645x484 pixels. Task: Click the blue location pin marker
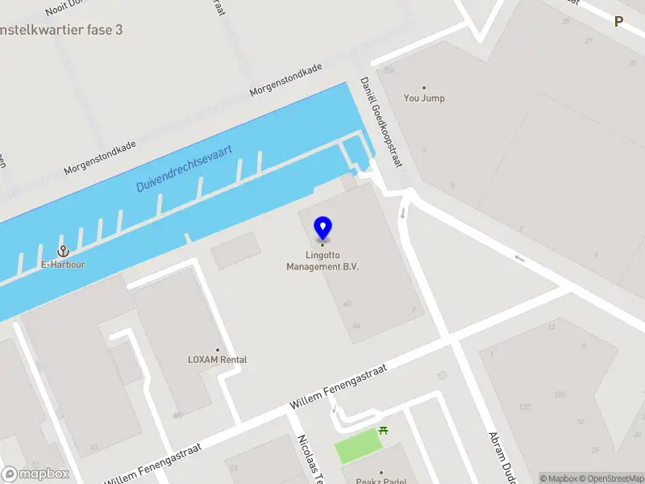point(323,228)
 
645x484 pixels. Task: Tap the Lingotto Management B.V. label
point(322,261)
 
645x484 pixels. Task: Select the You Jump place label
point(424,98)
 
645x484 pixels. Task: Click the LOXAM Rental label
point(217,360)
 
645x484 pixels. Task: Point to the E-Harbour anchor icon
point(64,252)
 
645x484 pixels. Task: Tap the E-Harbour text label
point(64,265)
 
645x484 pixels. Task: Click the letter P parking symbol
point(619,22)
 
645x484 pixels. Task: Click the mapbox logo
point(35,474)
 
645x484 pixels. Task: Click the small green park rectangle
point(358,444)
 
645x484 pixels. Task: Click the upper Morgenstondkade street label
point(286,80)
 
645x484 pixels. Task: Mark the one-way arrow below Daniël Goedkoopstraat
point(402,214)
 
